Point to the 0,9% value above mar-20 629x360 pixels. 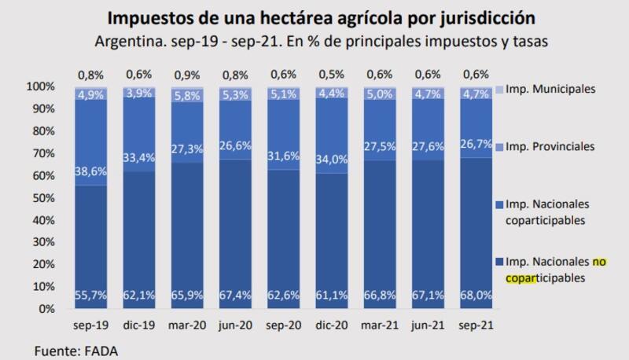(186, 75)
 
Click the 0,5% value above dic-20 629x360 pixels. (330, 75)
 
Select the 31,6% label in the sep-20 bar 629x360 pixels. (282, 156)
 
